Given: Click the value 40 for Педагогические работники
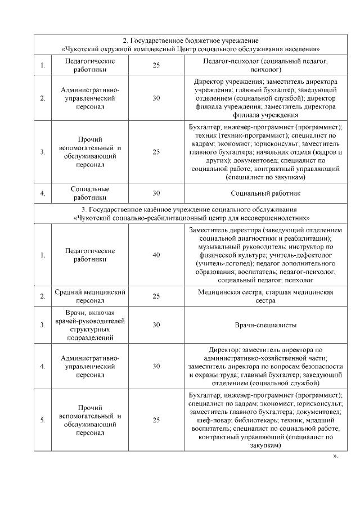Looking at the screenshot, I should (x=156, y=255).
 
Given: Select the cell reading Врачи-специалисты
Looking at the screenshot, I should (x=265, y=325).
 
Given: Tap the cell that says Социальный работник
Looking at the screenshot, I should (x=265, y=193).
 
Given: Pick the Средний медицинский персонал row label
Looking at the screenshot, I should (x=89, y=296).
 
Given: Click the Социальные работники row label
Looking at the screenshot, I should (x=89, y=193).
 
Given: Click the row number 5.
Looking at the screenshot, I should (x=43, y=420).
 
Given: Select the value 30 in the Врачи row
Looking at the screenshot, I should (x=156, y=325).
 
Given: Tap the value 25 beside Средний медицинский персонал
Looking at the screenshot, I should (x=156, y=296).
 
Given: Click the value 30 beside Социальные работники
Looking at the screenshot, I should (x=156, y=193).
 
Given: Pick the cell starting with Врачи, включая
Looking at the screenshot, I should (x=89, y=325).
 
